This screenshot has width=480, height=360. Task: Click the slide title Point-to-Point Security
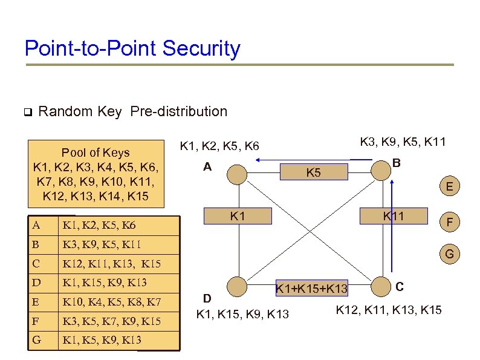click(132, 48)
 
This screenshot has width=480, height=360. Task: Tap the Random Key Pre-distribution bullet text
click(132, 111)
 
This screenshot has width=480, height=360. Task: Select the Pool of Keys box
click(96, 174)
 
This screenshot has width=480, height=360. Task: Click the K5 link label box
click(313, 172)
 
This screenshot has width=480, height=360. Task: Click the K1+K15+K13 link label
click(311, 289)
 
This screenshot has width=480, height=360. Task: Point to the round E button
click(449, 188)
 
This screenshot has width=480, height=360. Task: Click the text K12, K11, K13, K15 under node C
click(388, 311)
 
